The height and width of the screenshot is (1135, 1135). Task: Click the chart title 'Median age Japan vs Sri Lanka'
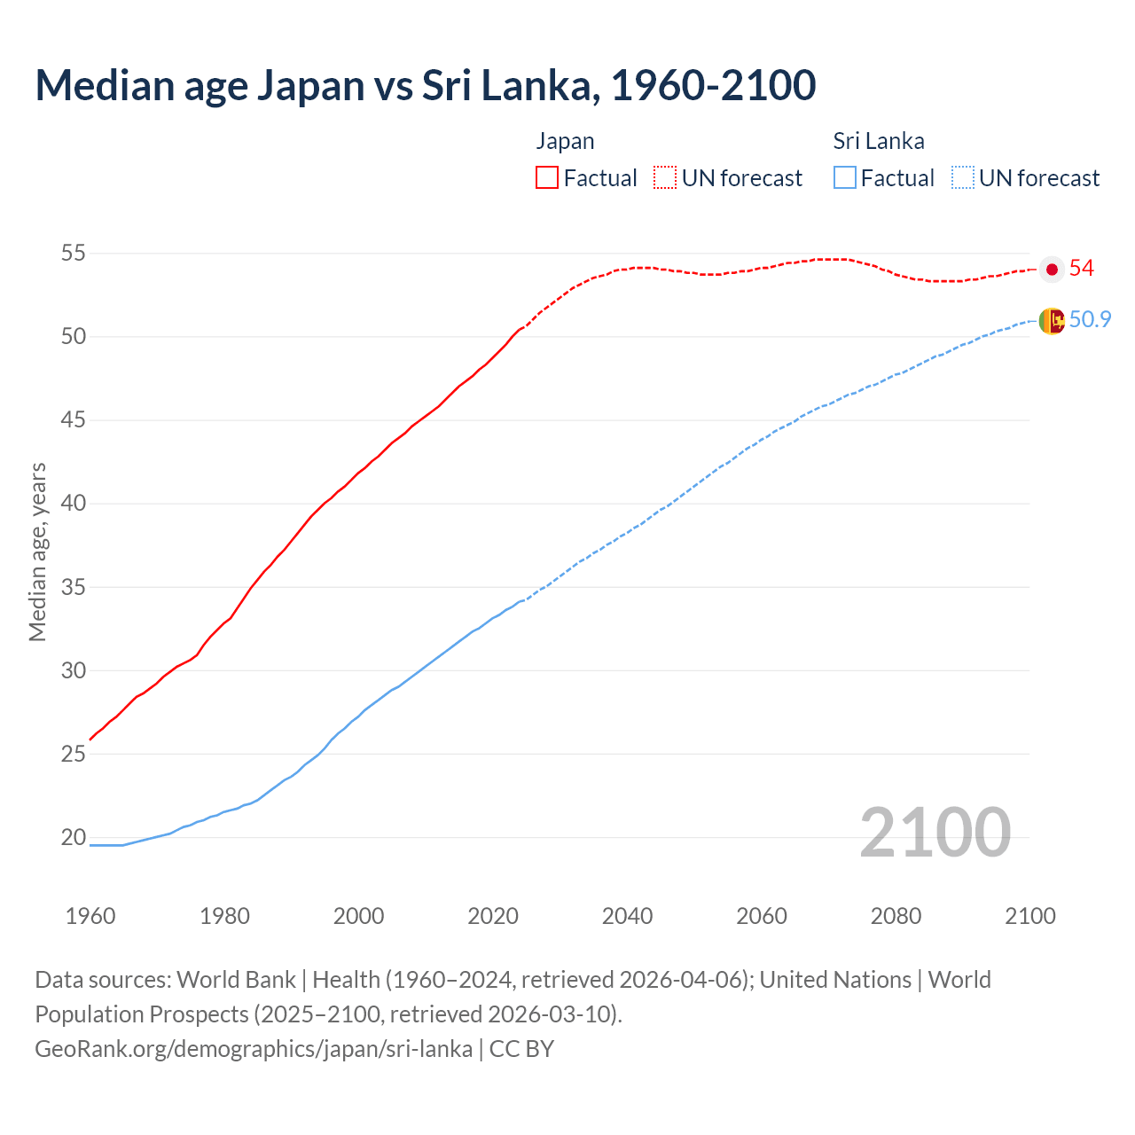(425, 85)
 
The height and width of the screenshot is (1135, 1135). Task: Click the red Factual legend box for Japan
(547, 177)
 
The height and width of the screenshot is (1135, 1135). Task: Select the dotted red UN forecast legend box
(665, 177)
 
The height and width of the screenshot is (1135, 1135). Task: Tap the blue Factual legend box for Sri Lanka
(845, 177)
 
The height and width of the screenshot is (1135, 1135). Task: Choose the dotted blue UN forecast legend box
(963, 177)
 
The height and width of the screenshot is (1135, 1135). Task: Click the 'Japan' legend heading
(565, 141)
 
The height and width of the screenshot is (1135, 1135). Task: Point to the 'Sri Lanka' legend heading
(878, 141)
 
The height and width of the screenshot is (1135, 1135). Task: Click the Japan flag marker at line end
(1052, 270)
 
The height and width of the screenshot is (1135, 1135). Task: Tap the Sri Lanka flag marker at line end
(1052, 320)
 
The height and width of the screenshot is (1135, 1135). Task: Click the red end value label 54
(1081, 269)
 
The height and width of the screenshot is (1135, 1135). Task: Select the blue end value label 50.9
(1090, 319)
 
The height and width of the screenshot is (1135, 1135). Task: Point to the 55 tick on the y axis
(73, 254)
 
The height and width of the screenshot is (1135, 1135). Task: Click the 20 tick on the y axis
(73, 837)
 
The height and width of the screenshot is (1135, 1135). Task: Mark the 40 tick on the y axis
(73, 504)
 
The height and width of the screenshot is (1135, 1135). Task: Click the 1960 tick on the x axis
(90, 916)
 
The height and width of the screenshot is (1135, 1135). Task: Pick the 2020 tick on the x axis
(493, 916)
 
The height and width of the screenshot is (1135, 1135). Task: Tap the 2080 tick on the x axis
(896, 916)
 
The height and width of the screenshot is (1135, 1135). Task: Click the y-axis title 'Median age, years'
(37, 552)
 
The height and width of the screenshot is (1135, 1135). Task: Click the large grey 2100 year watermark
(935, 832)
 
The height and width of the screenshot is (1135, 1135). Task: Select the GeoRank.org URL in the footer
(254, 1049)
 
